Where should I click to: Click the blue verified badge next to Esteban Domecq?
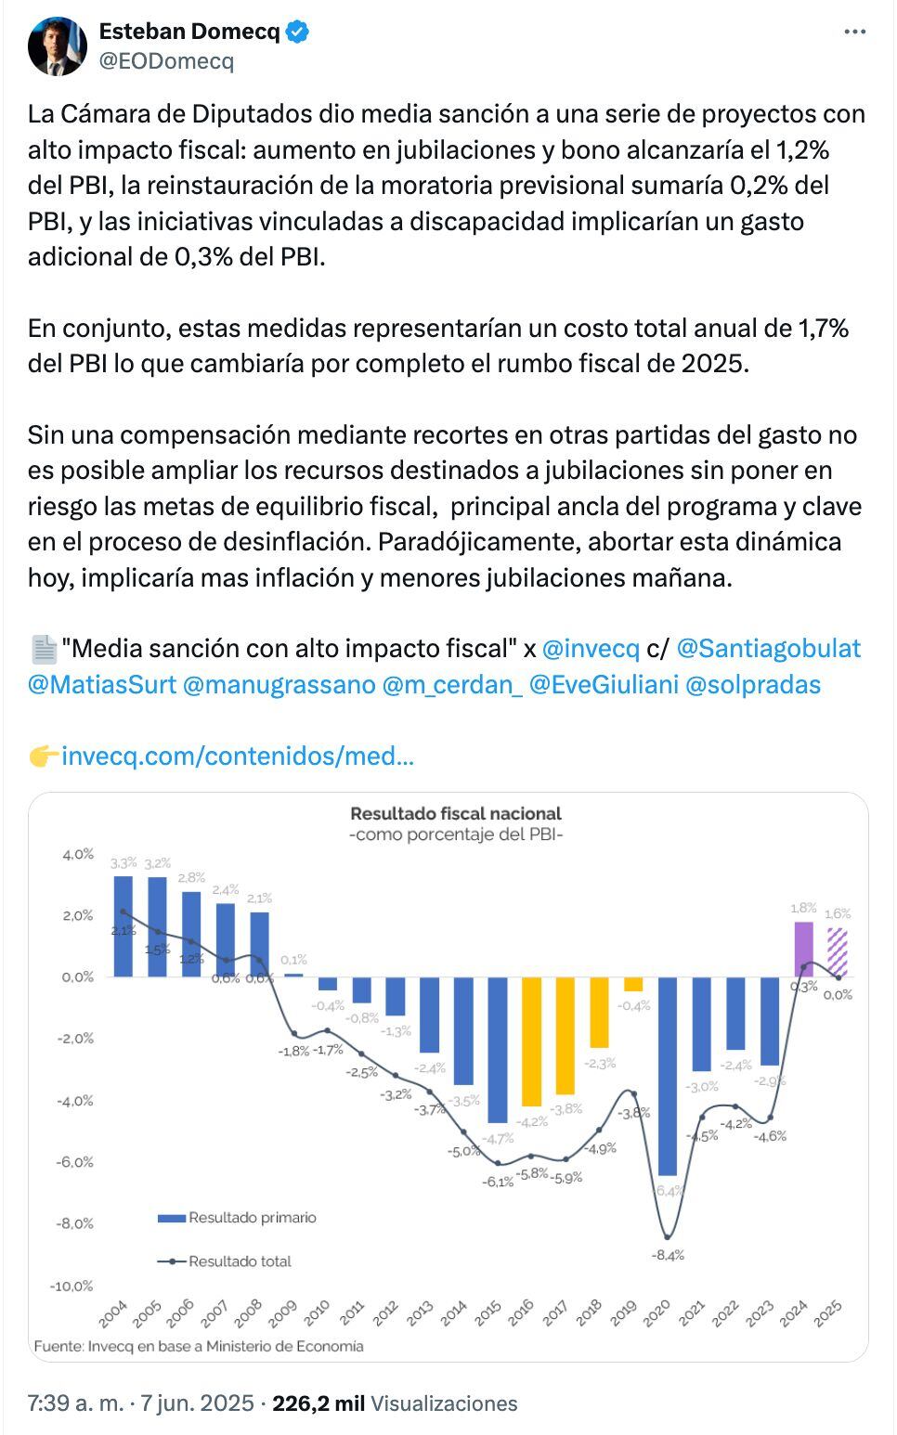coord(298,32)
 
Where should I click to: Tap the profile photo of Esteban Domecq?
coord(57,45)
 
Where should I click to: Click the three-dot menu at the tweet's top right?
coord(854,32)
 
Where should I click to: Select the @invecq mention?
coord(591,648)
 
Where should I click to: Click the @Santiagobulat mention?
coord(769,648)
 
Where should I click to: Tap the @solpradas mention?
coord(752,685)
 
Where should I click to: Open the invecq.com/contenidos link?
coord(238,756)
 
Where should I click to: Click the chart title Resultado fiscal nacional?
coord(456,813)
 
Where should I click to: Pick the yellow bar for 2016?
coord(531,1040)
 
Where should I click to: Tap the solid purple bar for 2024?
coord(803,949)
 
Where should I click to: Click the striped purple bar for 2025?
coord(838,952)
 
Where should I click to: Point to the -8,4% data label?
coord(669,1254)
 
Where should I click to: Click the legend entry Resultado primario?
coord(252,1217)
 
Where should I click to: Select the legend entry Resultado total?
coord(240,1260)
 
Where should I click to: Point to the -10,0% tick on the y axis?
coord(71,1286)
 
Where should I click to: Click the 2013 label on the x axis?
coord(420,1312)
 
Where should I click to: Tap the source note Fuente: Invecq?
coord(199,1345)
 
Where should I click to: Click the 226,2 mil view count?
coord(318,1403)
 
